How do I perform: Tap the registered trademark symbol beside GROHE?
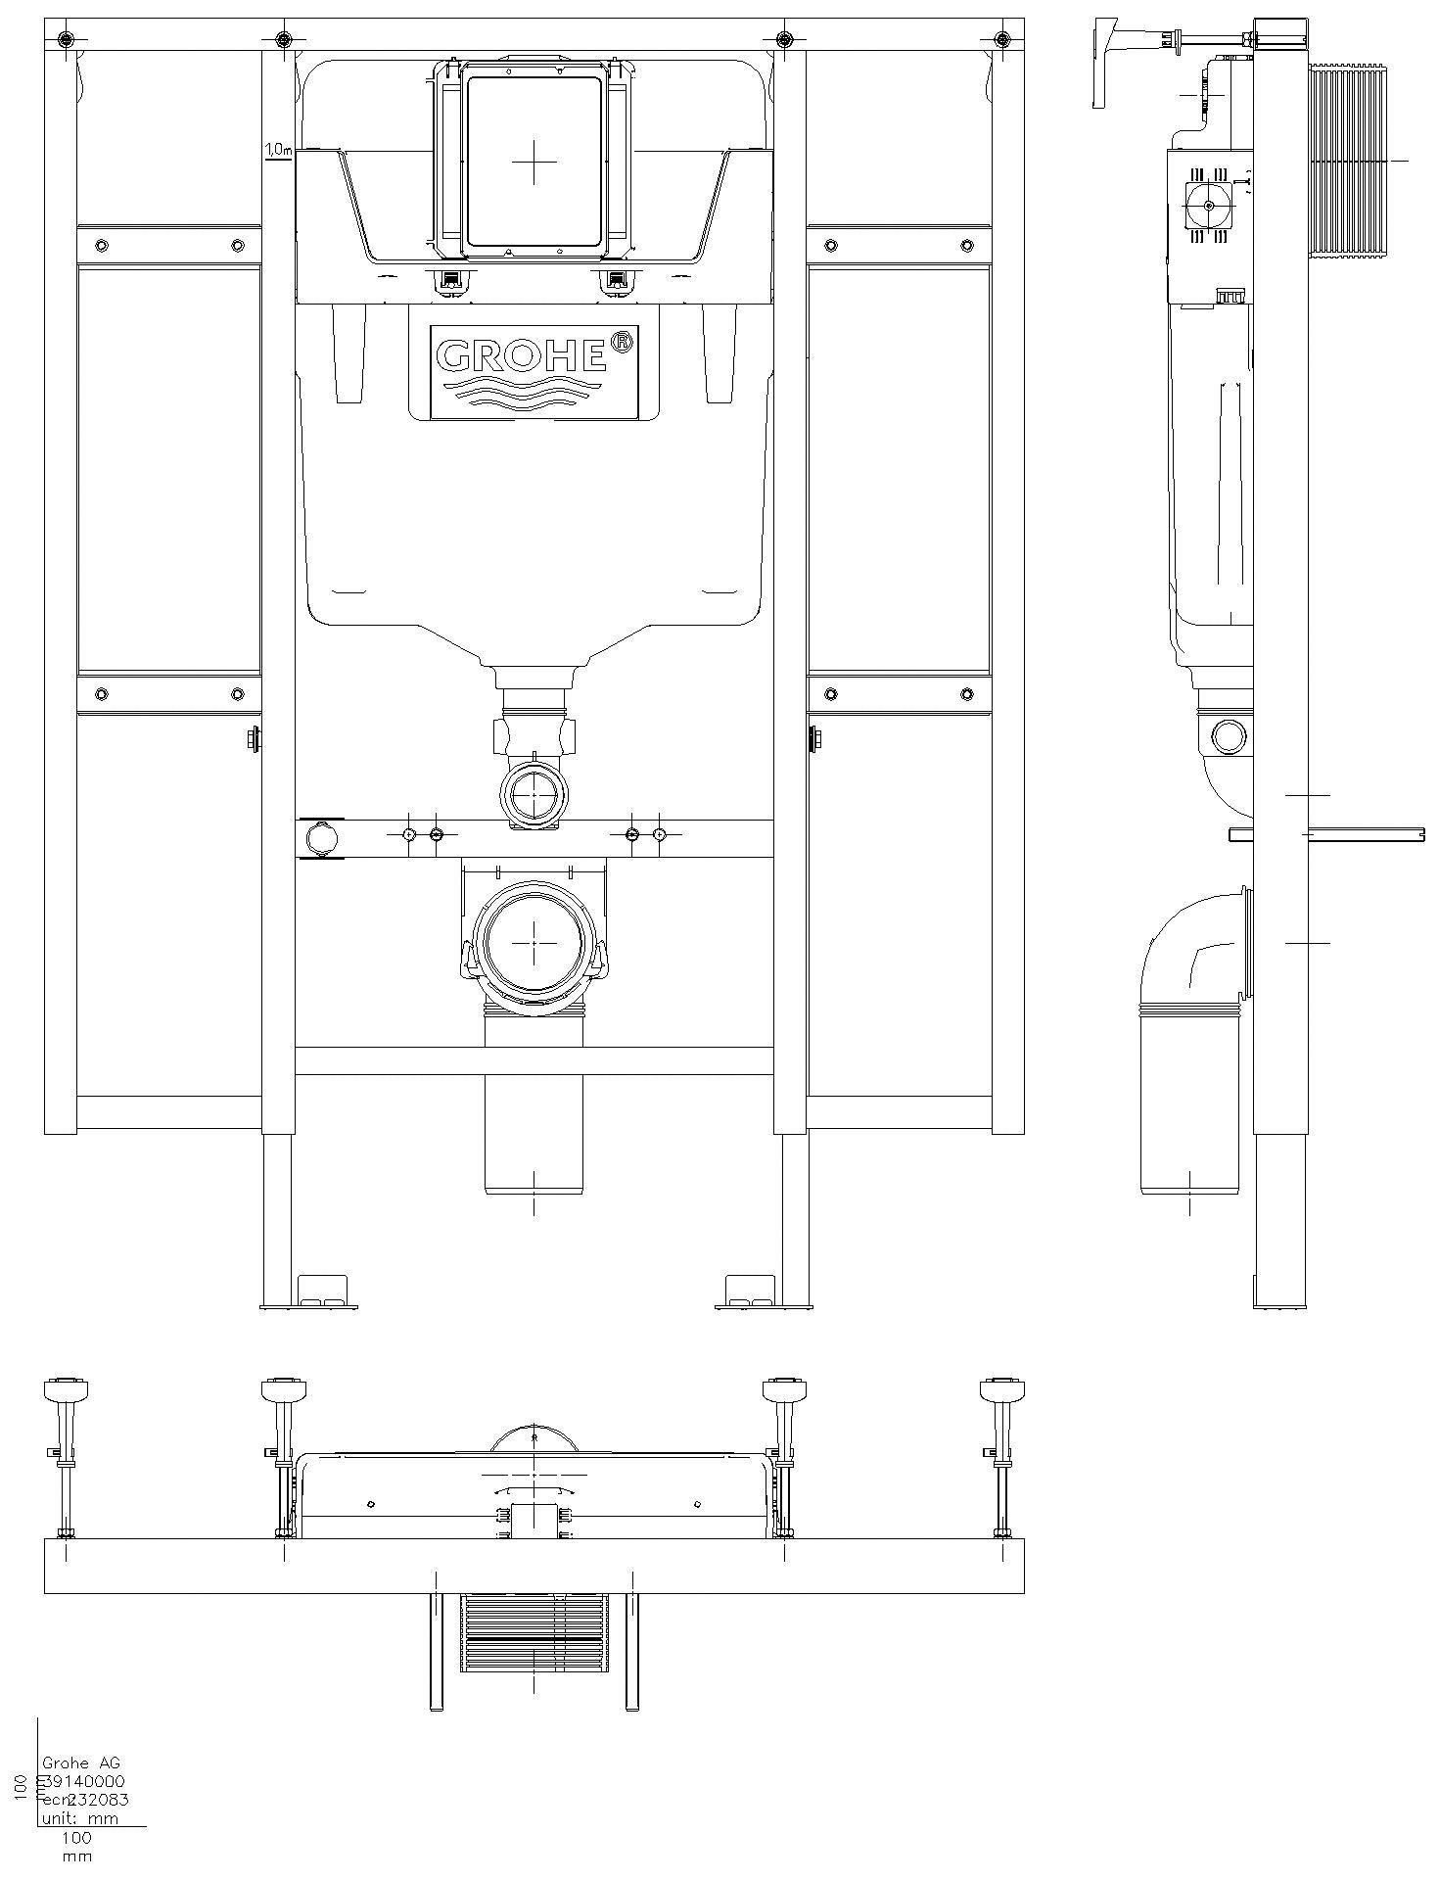[621, 342]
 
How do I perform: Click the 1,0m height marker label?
[278, 150]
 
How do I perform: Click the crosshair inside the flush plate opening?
[534, 162]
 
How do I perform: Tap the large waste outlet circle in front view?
[534, 943]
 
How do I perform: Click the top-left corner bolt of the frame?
[65, 39]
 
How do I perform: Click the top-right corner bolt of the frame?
[1001, 39]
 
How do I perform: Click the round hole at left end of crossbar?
[319, 840]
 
